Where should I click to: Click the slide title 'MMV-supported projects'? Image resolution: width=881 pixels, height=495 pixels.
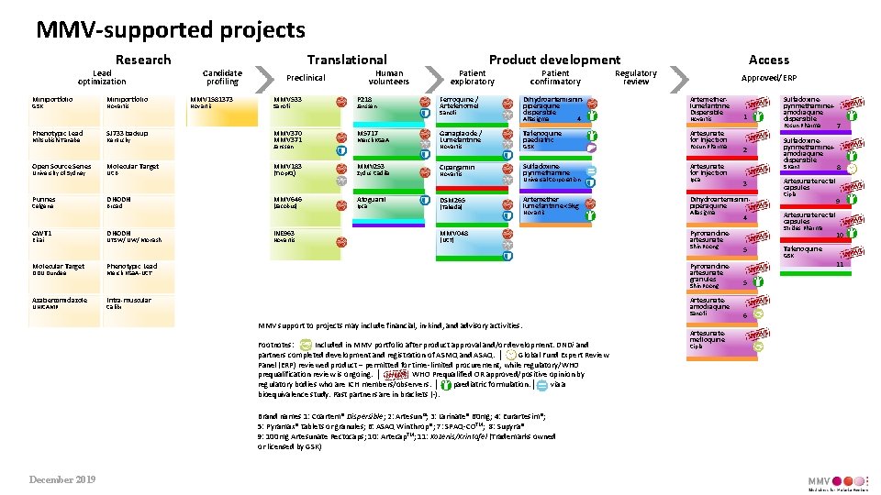point(170,30)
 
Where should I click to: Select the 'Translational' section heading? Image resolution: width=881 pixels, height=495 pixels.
point(347,60)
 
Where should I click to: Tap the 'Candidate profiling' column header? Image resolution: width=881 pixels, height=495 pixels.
point(222,78)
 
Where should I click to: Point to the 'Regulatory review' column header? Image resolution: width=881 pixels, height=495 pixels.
point(635,78)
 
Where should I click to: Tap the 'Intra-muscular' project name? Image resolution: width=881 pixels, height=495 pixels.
point(128,300)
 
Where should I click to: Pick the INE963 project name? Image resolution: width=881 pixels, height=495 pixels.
point(285,233)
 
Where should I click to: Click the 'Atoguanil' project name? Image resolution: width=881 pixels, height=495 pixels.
point(372,199)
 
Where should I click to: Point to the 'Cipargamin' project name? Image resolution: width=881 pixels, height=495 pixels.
point(458,167)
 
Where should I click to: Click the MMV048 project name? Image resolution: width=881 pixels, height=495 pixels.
point(454,233)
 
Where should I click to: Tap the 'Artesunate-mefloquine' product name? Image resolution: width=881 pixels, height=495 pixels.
point(708,336)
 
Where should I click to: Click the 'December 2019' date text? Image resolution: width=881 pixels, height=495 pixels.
point(61,479)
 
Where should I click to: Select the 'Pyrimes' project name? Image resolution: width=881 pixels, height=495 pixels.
point(43,199)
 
